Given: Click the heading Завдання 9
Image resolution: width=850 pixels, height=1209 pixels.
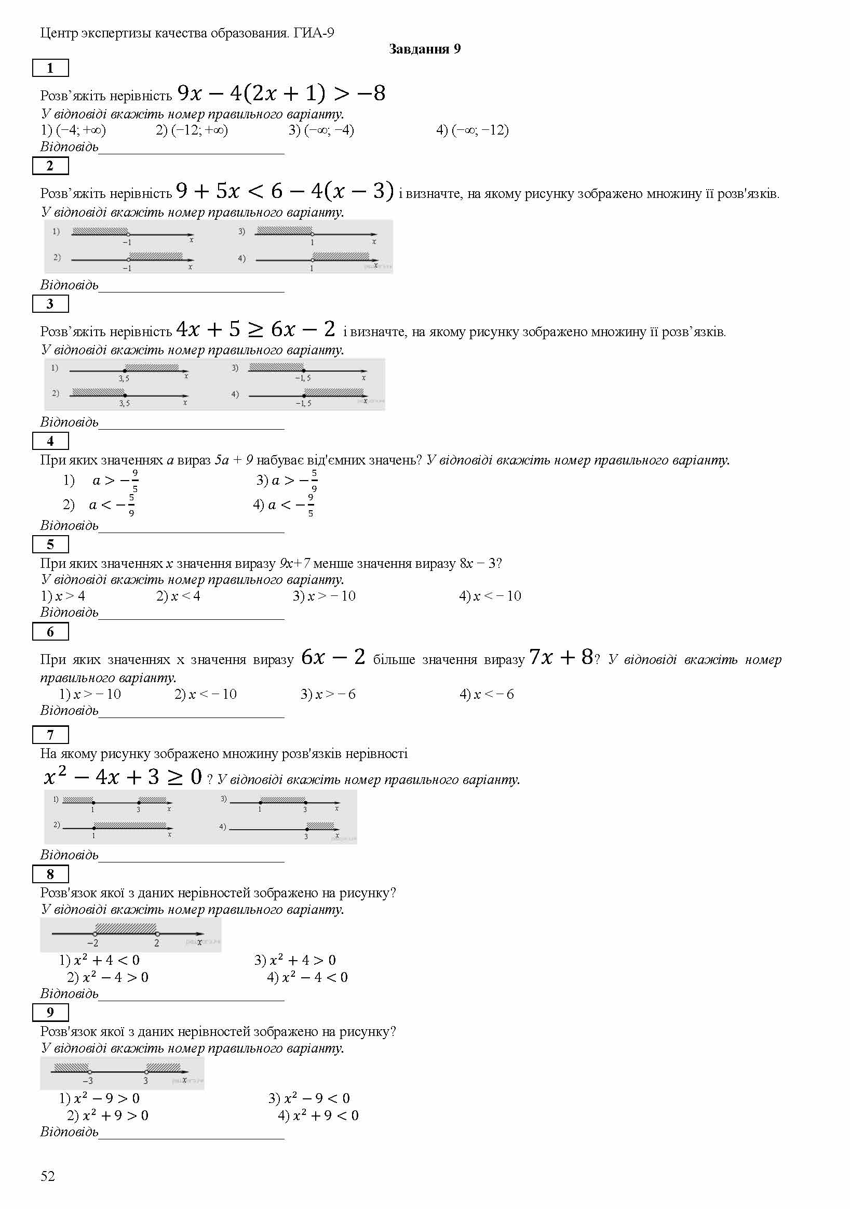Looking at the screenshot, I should point(424,49).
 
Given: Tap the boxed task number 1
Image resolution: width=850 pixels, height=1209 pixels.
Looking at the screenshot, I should point(50,68).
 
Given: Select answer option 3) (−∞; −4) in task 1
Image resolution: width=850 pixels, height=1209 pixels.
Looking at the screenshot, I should point(321,130).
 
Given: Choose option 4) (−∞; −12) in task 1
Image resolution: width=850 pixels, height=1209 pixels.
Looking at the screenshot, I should point(472,130).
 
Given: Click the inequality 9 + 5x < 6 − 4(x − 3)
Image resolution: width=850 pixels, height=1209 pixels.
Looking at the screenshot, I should point(285,191).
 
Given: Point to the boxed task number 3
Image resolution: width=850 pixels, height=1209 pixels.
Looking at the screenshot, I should point(50,304).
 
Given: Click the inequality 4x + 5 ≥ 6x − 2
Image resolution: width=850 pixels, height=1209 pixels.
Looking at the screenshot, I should point(255,329).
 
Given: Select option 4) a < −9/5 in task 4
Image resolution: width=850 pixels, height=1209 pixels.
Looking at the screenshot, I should point(284,505).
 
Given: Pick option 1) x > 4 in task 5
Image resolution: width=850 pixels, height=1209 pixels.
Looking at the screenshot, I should point(63,596).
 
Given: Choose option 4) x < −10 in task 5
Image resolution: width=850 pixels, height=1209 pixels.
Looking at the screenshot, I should point(490,596).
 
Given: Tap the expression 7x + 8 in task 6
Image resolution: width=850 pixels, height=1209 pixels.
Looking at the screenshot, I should point(561,657).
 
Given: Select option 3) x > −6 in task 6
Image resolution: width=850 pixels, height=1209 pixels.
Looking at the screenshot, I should point(328,694).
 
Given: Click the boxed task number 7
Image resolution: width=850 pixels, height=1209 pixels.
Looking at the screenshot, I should point(50,735).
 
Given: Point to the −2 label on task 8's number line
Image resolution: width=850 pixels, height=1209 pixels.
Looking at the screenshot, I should point(92,943).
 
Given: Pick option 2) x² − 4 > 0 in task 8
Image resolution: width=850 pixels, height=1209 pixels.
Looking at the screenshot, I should point(108,977).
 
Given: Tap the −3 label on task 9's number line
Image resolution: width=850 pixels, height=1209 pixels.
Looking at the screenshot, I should point(88,1081).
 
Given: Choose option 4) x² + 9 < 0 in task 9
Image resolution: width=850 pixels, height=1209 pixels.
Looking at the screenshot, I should point(318,1115).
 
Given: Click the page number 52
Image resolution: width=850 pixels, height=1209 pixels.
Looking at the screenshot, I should point(48,1176).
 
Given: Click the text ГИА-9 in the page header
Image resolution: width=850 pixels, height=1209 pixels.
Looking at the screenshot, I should point(314,33).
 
